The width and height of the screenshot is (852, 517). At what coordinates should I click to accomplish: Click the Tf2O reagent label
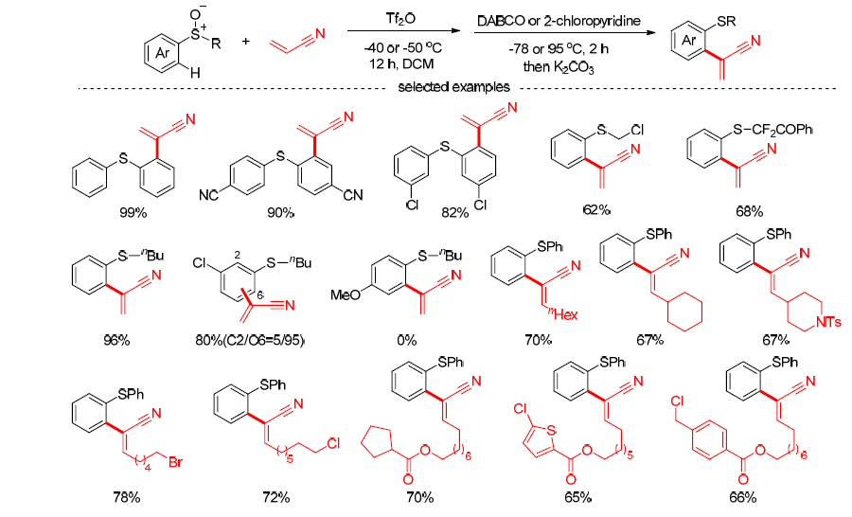pyautogui.click(x=401, y=20)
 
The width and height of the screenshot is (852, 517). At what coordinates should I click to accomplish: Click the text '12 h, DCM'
pyautogui.click(x=401, y=63)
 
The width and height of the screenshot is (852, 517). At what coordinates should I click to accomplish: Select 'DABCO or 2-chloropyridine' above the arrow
pyautogui.click(x=559, y=21)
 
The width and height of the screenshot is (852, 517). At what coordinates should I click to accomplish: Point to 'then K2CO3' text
pyautogui.click(x=559, y=67)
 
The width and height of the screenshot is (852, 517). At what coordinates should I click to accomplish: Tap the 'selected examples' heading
pyautogui.click(x=453, y=87)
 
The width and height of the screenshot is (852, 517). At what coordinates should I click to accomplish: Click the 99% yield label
pyautogui.click(x=133, y=212)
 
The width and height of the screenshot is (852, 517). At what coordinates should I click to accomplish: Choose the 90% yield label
pyautogui.click(x=280, y=212)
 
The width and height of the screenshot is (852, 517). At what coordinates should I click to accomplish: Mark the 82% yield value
pyautogui.click(x=454, y=212)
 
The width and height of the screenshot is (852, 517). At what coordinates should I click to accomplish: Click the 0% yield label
pyautogui.click(x=406, y=340)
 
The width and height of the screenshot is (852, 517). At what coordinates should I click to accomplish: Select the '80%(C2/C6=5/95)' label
pyautogui.click(x=249, y=341)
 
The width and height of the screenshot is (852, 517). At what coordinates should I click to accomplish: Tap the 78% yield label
pyautogui.click(x=127, y=497)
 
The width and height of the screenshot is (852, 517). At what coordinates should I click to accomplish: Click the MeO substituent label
pyautogui.click(x=346, y=295)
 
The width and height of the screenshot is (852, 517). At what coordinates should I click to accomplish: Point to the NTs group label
pyautogui.click(x=828, y=322)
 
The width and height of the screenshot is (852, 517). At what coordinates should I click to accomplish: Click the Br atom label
pyautogui.click(x=175, y=463)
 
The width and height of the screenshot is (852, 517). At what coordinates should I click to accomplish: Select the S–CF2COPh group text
pyautogui.click(x=772, y=130)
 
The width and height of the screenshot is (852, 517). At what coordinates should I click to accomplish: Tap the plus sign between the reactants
pyautogui.click(x=245, y=41)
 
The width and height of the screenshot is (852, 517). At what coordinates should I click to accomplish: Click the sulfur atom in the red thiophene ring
pyautogui.click(x=551, y=431)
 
